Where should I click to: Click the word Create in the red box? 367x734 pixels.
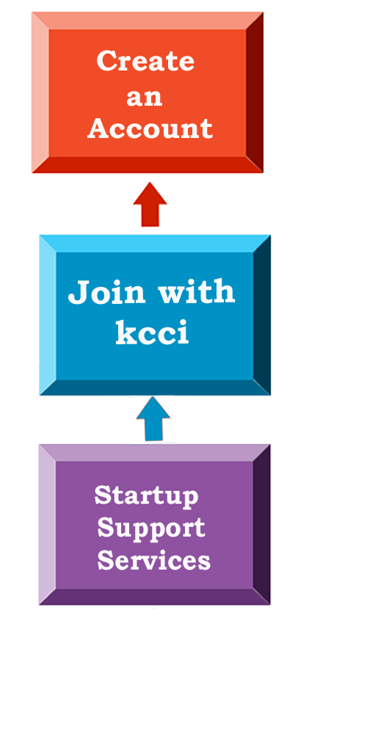[145, 61]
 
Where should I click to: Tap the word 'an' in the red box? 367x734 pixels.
[144, 97]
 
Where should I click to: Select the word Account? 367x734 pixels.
[150, 128]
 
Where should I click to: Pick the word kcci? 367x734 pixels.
[153, 332]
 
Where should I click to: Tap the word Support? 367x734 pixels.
[151, 528]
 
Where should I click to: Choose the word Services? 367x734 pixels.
[154, 559]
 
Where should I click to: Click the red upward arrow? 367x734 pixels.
[150, 205]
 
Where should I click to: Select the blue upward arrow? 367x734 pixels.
[153, 419]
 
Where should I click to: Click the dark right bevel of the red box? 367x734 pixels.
[255, 92]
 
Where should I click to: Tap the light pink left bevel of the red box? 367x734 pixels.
[40, 92]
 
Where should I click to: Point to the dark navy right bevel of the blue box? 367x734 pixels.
[262, 315]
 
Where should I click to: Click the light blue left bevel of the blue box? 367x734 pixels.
[48, 315]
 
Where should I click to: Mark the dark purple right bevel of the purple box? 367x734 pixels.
[262, 524]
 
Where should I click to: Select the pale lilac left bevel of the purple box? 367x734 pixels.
[48, 524]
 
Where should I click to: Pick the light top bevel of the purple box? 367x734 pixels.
[155, 453]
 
